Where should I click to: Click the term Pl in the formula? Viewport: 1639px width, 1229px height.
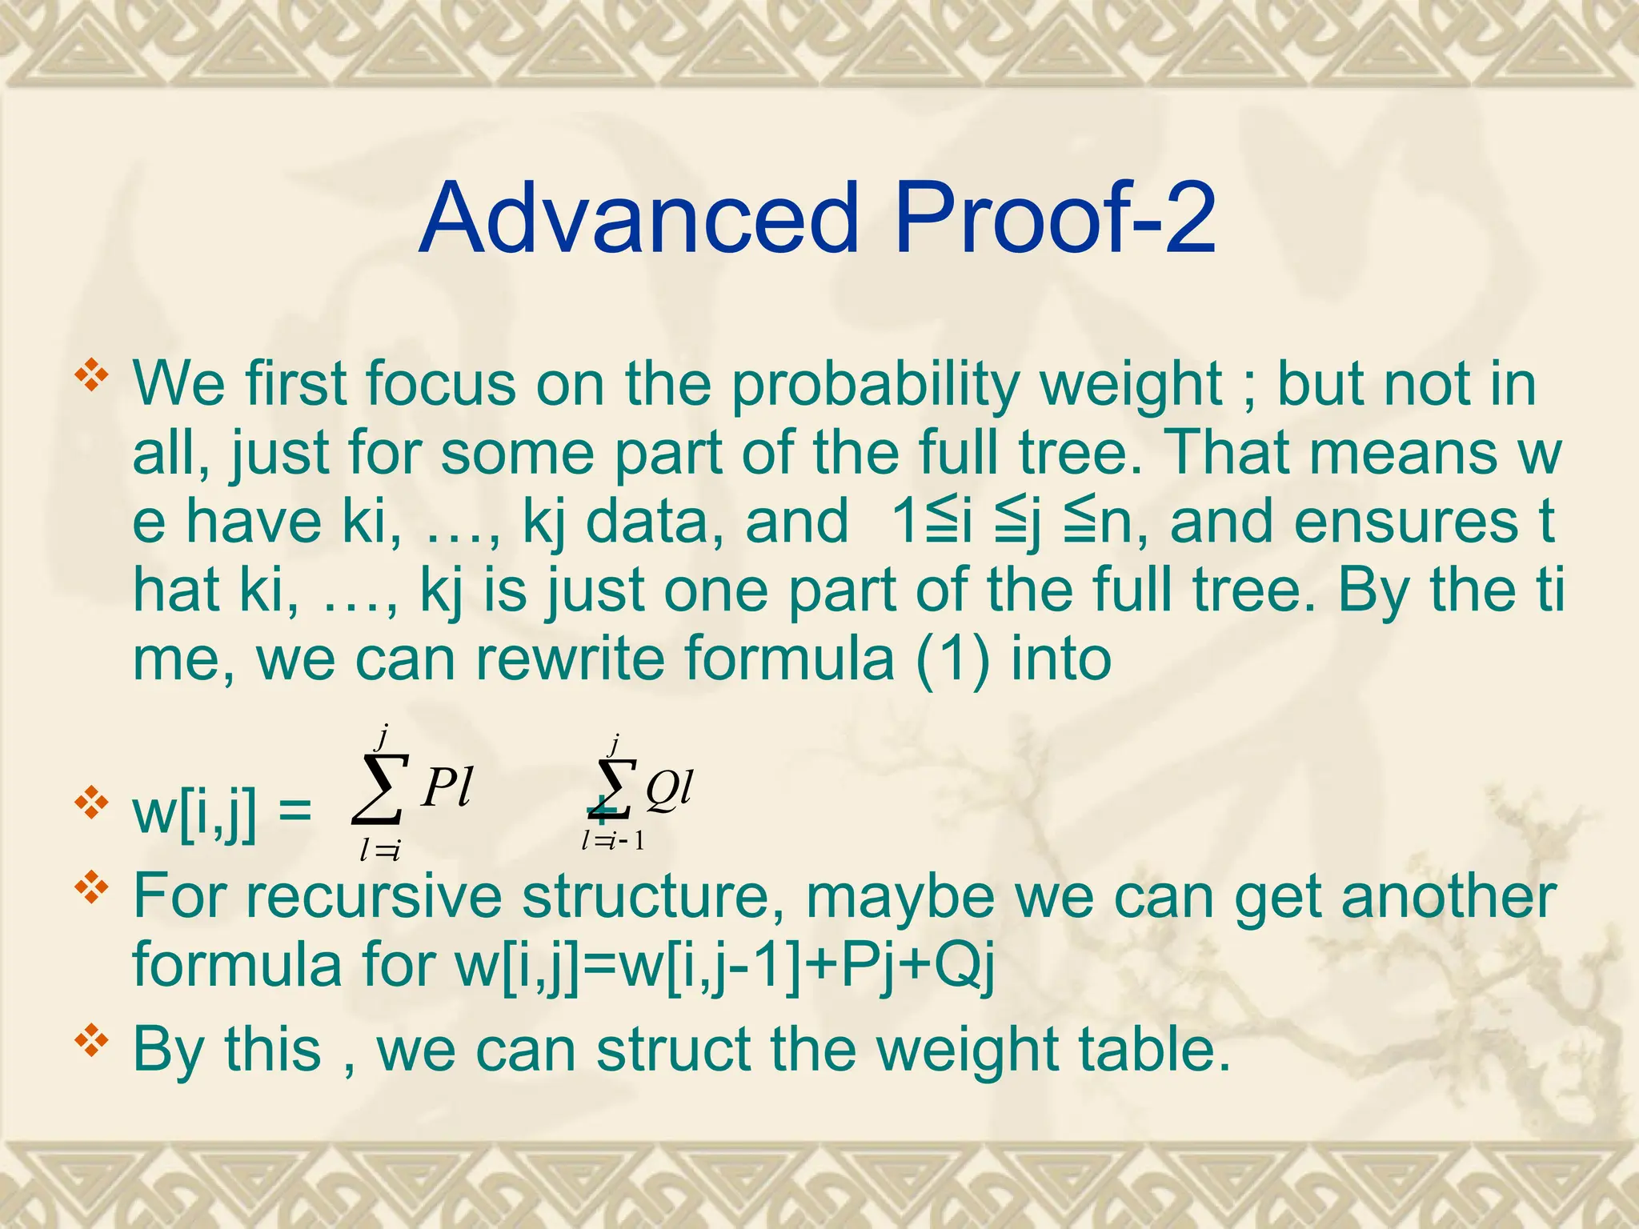pyautogui.click(x=447, y=787)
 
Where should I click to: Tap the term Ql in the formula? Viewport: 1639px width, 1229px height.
pyautogui.click(x=669, y=789)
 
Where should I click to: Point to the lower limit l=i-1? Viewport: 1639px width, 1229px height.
pyautogui.click(x=613, y=840)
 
